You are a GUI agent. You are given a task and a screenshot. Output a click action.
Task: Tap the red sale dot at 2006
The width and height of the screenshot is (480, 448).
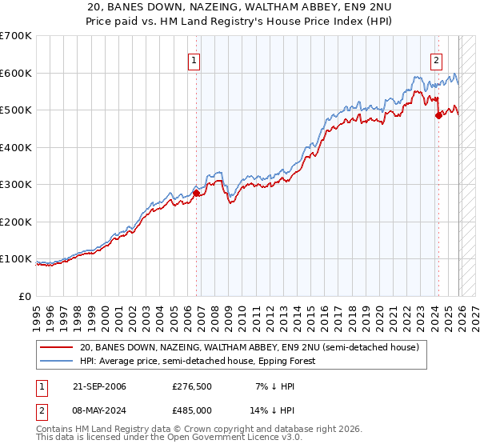(x=197, y=193)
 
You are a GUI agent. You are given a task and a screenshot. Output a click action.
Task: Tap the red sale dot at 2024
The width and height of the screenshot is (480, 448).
(x=438, y=115)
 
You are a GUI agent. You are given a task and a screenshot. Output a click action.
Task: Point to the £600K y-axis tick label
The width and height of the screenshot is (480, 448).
(x=16, y=73)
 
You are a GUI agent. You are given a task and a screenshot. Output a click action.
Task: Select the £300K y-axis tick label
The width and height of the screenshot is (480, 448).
(x=16, y=184)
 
